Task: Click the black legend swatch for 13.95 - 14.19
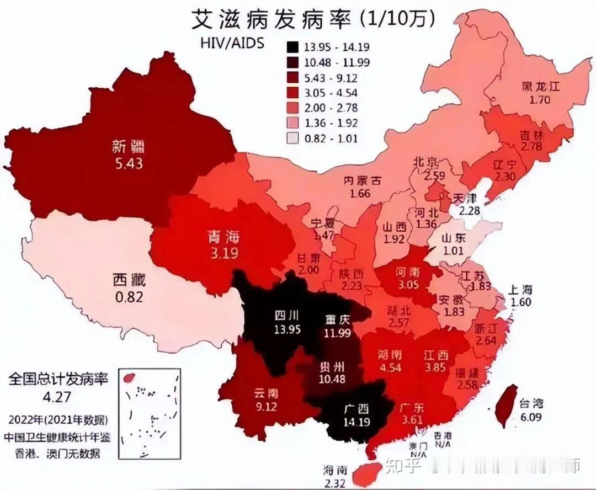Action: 294,46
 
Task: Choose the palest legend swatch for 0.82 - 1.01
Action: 294,139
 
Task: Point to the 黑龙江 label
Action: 541,87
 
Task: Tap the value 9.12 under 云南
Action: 265,408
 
